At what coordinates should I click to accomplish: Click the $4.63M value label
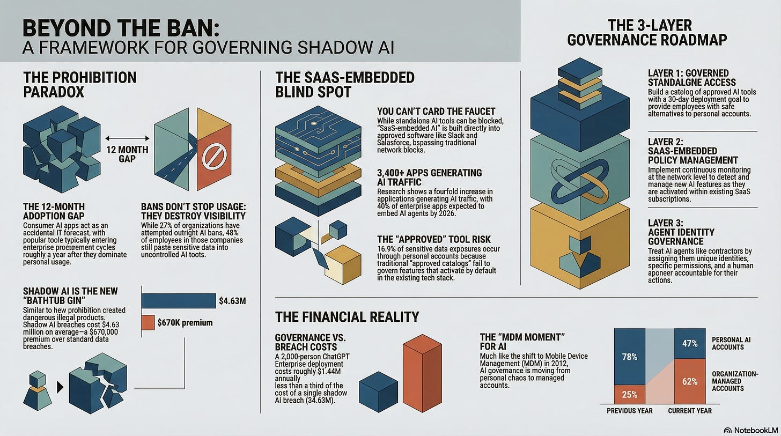pyautogui.click(x=232, y=301)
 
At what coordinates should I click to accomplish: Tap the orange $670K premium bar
pyautogui.click(x=149, y=322)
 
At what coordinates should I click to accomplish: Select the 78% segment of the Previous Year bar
pyautogui.click(x=629, y=357)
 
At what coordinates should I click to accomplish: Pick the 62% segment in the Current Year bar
pyautogui.click(x=689, y=382)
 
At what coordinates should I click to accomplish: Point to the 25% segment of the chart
pyautogui.click(x=629, y=394)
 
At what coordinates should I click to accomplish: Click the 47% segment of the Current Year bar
pyautogui.click(x=689, y=344)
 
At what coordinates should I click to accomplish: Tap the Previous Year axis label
pyautogui.click(x=629, y=410)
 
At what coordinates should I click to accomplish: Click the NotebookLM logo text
pyautogui.click(x=752, y=430)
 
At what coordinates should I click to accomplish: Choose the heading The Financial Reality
pyautogui.click(x=347, y=316)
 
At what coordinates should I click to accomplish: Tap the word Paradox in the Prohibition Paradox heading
pyautogui.click(x=54, y=92)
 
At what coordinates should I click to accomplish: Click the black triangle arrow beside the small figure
pyautogui.click(x=60, y=386)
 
